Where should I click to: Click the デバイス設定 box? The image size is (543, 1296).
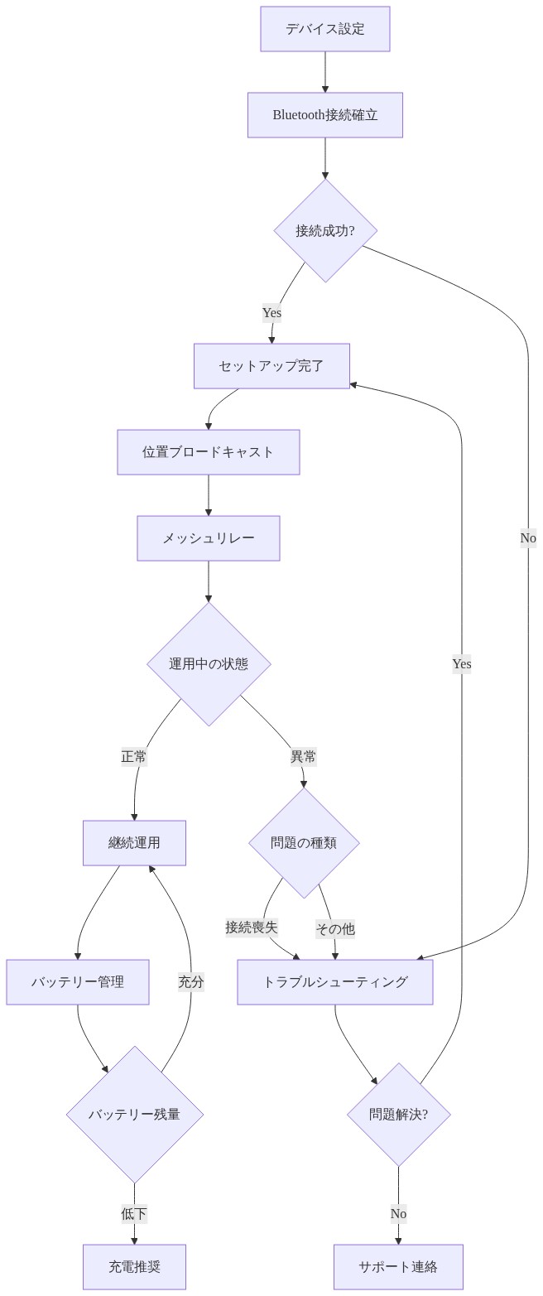point(324,29)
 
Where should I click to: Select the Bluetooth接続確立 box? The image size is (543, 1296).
point(324,115)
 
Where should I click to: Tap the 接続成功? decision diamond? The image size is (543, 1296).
point(324,231)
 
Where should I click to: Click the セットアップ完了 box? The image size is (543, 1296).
point(271,366)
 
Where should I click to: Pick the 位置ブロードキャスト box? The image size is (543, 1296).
point(208,452)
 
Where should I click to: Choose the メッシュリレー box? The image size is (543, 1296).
point(208,538)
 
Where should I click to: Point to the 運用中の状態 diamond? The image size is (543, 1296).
point(208,663)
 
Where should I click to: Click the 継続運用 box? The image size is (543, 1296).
point(134,843)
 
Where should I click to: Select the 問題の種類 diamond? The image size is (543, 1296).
point(304,843)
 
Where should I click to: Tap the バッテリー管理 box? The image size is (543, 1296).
point(78,982)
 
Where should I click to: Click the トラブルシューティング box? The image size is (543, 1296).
point(334,982)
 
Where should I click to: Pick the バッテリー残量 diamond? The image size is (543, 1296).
point(134,1115)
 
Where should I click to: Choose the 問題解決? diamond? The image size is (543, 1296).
point(398,1115)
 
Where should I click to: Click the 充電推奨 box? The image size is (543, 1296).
point(134,1267)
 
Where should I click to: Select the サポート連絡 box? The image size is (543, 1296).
point(398,1267)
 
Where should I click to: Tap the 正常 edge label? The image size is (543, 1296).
point(134,757)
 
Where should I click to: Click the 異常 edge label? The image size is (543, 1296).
point(303,757)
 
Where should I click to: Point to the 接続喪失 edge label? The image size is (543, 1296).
point(252,927)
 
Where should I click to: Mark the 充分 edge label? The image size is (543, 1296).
point(190,982)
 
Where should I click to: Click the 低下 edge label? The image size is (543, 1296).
point(134,1214)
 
